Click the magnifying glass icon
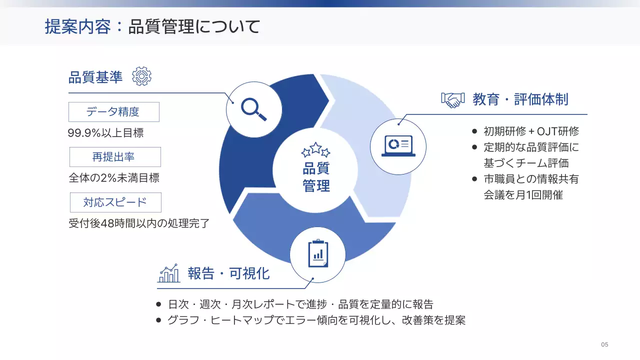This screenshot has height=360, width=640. point(253,108)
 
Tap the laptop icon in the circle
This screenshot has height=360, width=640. point(398,146)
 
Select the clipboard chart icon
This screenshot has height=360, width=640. point(318,254)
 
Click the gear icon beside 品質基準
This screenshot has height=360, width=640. point(141,76)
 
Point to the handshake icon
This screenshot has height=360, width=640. point(453,99)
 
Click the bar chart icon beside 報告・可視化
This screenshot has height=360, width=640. point(169,273)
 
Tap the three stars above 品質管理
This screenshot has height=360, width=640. point(315,149)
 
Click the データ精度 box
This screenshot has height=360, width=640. point(113,112)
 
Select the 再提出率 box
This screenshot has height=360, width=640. point(115,157)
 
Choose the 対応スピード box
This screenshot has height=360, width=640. point(115,202)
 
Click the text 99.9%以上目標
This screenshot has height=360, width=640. point(105,133)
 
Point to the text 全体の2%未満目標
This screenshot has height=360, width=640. point(113,178)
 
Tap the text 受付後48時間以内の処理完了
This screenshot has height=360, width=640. point(138,223)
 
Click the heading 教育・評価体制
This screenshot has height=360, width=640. point(520,99)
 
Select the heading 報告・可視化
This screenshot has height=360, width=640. point(228,273)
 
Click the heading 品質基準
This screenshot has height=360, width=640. point(95,77)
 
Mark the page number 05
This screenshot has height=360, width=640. point(604,344)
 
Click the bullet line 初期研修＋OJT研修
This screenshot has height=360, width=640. point(531,131)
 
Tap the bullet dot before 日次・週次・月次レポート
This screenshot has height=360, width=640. point(158,304)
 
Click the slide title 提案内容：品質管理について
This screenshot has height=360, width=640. point(152,26)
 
